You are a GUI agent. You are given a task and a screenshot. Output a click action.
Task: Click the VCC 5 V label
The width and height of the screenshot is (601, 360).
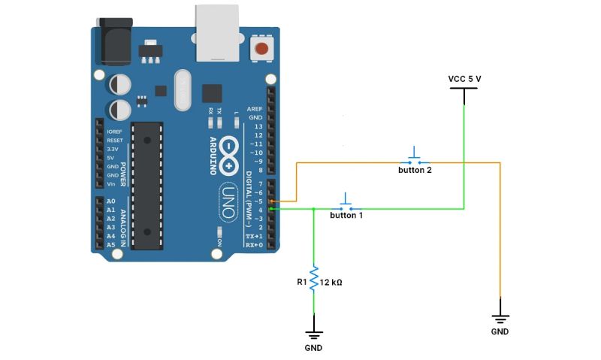pos(464,78)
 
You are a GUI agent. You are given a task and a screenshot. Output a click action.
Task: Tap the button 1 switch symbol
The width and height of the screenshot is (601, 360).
pos(346,204)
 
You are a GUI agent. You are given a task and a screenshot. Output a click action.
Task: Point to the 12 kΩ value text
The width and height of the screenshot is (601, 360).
pos(331,282)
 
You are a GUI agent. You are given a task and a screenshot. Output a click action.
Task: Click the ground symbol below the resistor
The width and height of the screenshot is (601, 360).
pos(314,334)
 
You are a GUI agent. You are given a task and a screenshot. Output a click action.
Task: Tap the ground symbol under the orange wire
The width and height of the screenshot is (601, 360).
pos(500,319)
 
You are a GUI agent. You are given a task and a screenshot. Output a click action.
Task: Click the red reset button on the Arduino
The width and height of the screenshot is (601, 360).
pos(262,50)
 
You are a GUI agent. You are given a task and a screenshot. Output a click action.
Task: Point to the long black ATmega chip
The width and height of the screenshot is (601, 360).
pos(147,185)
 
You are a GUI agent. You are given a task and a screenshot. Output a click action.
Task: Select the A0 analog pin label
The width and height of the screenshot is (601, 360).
pos(111,202)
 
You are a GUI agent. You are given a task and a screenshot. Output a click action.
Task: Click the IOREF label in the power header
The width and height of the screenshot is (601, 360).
pos(115,132)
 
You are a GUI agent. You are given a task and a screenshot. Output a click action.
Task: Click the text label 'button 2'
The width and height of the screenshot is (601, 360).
pos(415,170)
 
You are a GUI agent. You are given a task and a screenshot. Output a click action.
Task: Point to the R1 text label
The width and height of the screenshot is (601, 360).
pos(301,282)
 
